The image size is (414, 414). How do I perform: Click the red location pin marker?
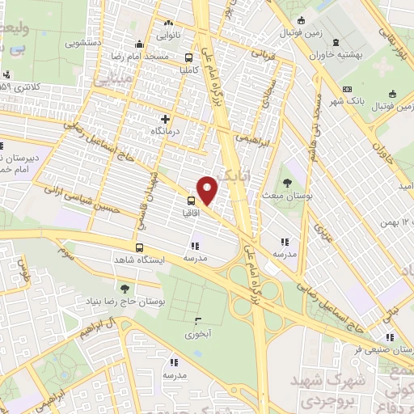pyautogui.click(x=209, y=189)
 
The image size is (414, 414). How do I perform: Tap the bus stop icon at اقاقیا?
pyautogui.click(x=192, y=201)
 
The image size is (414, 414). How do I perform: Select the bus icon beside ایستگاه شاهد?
pyautogui.click(x=139, y=248)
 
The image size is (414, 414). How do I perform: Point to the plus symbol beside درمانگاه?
pyautogui.click(x=166, y=119)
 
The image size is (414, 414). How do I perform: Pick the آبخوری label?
pyautogui.click(x=197, y=333)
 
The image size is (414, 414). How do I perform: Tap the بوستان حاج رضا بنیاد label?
pyautogui.click(x=123, y=301)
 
